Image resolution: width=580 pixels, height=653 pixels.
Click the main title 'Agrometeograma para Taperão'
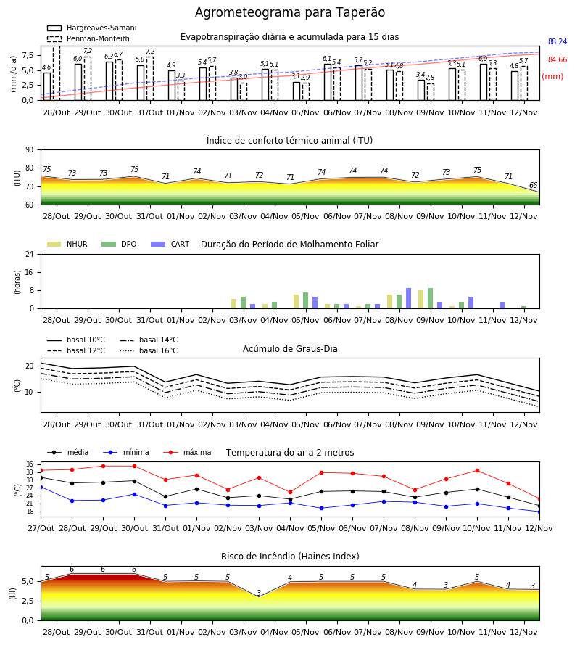click(x=290, y=12)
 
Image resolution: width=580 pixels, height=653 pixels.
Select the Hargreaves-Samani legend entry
click(x=92, y=28)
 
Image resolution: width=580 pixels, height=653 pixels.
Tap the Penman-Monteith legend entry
click(x=88, y=38)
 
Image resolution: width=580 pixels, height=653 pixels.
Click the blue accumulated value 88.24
click(x=558, y=41)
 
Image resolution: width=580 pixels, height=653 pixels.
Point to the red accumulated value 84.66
click(x=558, y=60)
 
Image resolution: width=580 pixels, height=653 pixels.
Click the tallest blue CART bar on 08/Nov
click(x=409, y=298)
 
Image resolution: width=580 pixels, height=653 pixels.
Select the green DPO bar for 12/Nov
click(x=524, y=308)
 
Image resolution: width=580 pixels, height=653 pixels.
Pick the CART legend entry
click(x=170, y=244)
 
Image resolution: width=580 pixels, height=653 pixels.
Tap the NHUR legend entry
click(x=67, y=244)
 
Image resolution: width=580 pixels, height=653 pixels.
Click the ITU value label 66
click(x=533, y=185)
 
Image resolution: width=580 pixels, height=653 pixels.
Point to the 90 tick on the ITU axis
click(x=30, y=150)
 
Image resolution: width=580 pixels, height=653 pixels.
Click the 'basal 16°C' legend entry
click(x=149, y=350)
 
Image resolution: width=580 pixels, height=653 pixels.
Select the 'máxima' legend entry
click(x=187, y=452)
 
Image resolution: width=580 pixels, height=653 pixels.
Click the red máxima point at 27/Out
click(x=41, y=471)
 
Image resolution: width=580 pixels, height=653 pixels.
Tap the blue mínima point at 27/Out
click(x=41, y=487)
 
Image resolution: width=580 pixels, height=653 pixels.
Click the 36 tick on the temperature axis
click(x=30, y=464)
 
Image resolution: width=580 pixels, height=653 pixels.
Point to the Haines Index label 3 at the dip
click(x=259, y=593)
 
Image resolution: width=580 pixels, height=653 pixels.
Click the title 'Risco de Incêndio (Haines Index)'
click(x=290, y=557)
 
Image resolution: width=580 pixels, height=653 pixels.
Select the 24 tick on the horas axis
click(x=30, y=254)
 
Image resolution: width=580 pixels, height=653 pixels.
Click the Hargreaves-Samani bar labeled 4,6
click(x=47, y=86)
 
